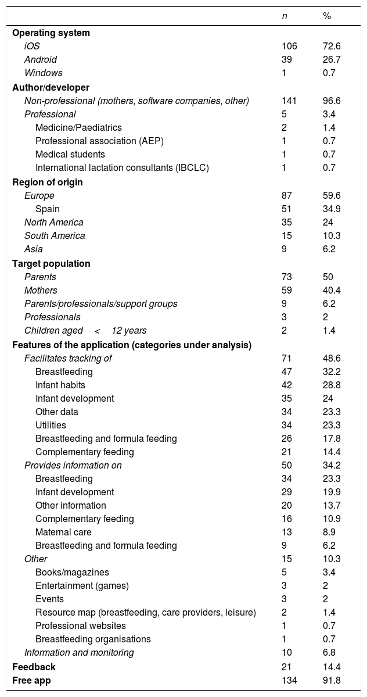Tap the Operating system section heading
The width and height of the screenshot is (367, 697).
(51, 33)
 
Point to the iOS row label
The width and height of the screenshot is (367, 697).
(32, 47)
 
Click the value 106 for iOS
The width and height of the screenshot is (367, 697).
(289, 47)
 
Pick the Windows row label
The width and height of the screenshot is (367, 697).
(43, 73)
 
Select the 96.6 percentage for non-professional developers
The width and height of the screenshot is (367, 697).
(332, 101)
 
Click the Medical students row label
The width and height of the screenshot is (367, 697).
(70, 155)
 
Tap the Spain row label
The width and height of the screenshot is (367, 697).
(48, 209)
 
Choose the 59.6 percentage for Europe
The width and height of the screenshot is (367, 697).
(332, 195)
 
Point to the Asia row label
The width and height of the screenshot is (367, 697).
(34, 249)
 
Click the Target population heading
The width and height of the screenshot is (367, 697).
(51, 263)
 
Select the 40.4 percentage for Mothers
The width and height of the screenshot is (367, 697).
(332, 290)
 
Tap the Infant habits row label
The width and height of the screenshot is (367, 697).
(60, 385)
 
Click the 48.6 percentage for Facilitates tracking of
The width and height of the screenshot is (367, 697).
(332, 358)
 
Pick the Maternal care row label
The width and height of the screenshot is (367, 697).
(63, 532)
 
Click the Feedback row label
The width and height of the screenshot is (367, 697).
(34, 667)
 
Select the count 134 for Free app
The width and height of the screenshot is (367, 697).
(289, 680)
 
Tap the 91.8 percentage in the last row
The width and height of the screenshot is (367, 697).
(332, 680)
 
